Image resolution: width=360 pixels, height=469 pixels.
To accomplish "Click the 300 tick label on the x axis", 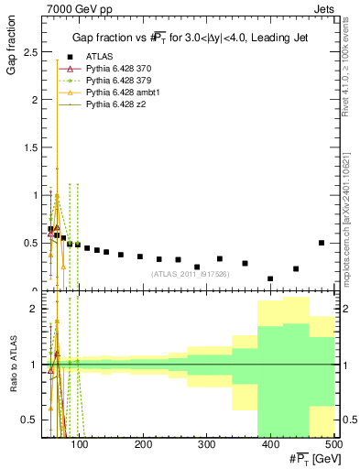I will click(x=206, y=445).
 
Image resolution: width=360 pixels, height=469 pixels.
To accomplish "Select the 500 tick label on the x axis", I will click(x=333, y=445).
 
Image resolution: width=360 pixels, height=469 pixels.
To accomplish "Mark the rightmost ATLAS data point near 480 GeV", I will click(x=322, y=243).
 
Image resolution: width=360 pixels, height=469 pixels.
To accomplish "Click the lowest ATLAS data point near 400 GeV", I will click(x=270, y=278).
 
